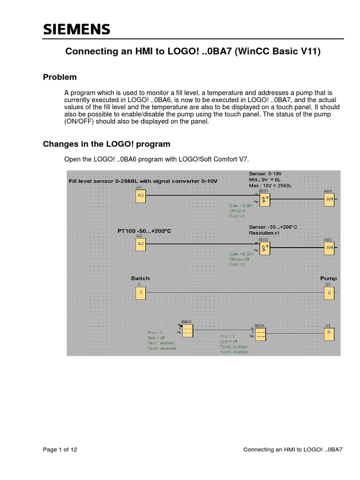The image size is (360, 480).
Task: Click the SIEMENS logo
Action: pos(77,30)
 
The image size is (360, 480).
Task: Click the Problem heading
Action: pos(60,77)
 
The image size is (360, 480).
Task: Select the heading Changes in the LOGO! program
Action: pos(107,144)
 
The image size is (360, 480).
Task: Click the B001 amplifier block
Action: pos(265,200)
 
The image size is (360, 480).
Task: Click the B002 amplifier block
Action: pos(265,248)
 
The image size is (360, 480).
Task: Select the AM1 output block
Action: pos(329,199)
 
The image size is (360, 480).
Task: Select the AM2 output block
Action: pos(329,247)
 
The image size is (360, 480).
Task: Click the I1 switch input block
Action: pos(141,293)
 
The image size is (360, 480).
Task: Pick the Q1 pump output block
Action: pos(329,293)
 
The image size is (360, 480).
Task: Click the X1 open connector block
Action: pos(329,333)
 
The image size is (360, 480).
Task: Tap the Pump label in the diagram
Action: pos(328,278)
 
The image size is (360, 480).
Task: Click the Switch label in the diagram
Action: pos(140,278)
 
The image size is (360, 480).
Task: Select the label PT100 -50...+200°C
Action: pos(145,231)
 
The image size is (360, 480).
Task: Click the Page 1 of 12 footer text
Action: pos(60,450)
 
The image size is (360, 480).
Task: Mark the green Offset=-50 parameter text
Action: pos(240,259)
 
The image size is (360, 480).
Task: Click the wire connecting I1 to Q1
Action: pos(234,293)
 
